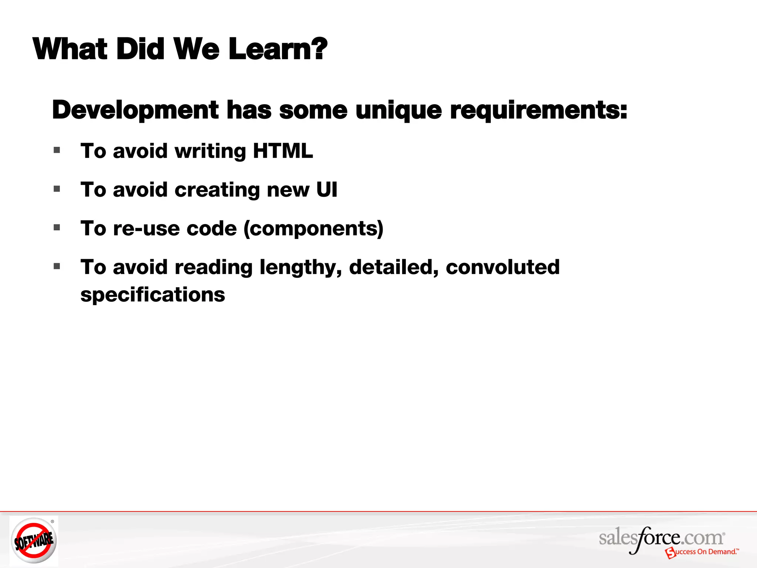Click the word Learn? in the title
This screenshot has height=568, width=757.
click(x=278, y=49)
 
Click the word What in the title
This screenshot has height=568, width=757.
click(x=70, y=49)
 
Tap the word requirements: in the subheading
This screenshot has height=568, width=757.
click(x=538, y=110)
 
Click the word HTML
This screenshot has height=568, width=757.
click(x=283, y=151)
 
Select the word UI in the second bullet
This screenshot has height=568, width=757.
click(x=327, y=190)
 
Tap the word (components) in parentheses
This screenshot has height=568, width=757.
click(x=313, y=229)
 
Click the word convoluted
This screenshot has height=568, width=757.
click(x=503, y=267)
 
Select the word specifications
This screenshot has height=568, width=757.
click(x=153, y=295)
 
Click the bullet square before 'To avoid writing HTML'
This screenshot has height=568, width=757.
click(x=57, y=150)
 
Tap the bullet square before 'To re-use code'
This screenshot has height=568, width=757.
click(x=57, y=227)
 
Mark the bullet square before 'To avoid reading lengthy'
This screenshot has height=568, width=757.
click(x=57, y=266)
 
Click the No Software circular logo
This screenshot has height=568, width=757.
click(x=34, y=540)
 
